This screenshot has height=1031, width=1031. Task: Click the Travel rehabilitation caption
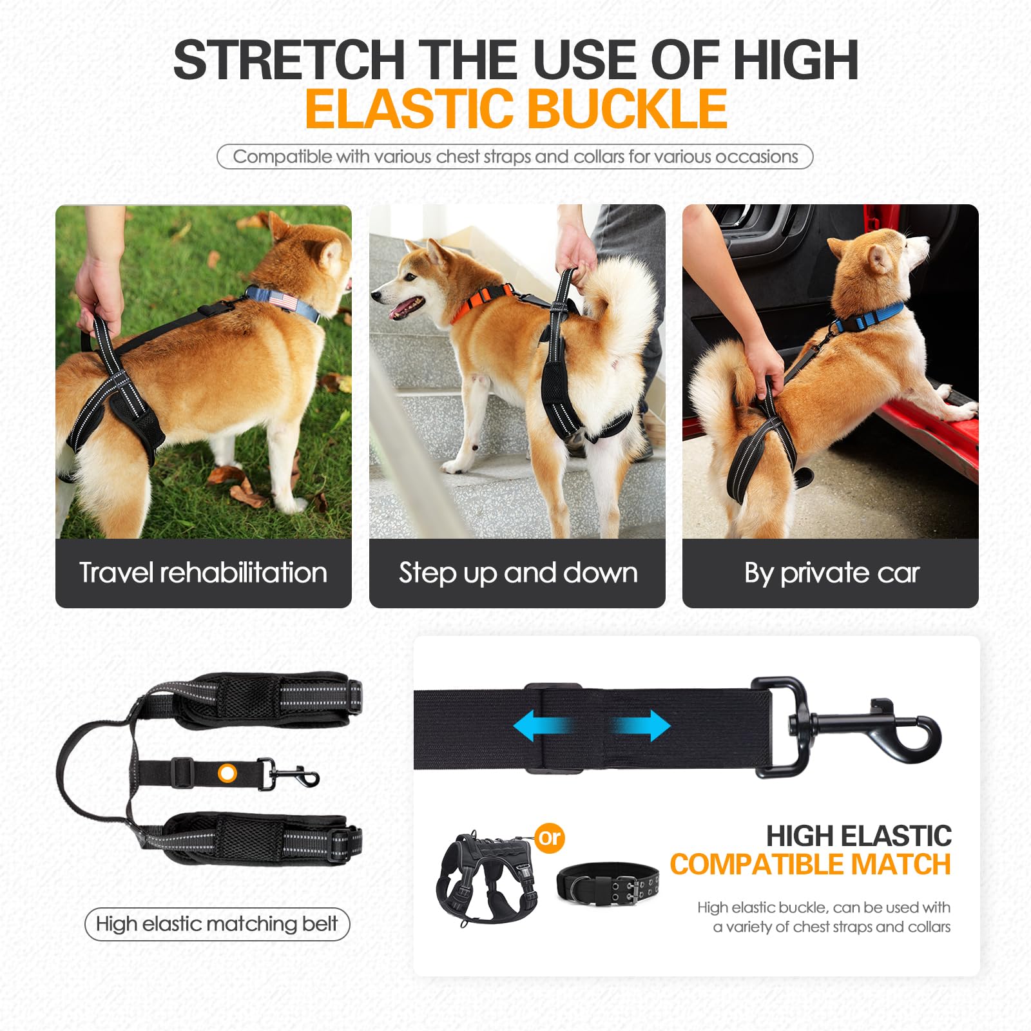(x=203, y=573)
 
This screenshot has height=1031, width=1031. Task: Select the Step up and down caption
(x=517, y=573)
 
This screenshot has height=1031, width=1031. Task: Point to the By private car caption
(x=831, y=573)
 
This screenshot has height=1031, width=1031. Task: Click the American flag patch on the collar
(x=281, y=300)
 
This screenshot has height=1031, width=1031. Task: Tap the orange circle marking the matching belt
(x=227, y=773)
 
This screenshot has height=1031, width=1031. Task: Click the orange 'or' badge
(x=550, y=838)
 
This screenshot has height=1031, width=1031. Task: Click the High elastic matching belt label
(x=217, y=924)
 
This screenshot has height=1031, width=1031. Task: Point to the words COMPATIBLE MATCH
(x=810, y=865)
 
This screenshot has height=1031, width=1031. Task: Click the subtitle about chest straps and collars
(x=515, y=157)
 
